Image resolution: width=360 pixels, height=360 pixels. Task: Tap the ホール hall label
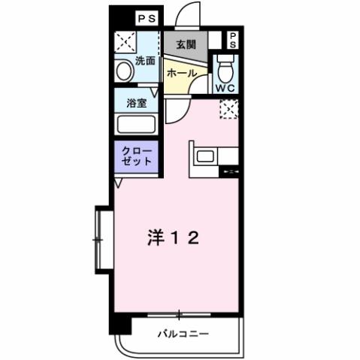point(181,74)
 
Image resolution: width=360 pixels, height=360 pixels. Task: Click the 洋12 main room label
point(172,238)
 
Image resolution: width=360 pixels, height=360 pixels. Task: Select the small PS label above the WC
point(232,39)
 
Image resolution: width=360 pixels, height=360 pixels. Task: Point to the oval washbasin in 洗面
point(125,72)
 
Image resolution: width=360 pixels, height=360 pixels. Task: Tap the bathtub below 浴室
point(136,125)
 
